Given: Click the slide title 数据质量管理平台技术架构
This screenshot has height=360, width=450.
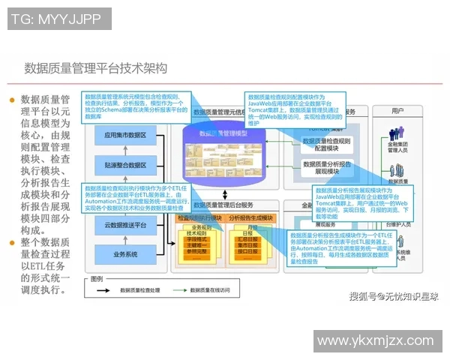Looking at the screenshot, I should click(96, 68).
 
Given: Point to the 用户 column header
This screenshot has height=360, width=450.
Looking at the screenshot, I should click(398, 111).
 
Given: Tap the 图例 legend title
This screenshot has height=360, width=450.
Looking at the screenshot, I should click(97, 277).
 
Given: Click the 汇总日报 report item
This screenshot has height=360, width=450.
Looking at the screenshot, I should click(252, 238).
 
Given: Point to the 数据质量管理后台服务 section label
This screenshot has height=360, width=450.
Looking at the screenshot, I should click(223, 205).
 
